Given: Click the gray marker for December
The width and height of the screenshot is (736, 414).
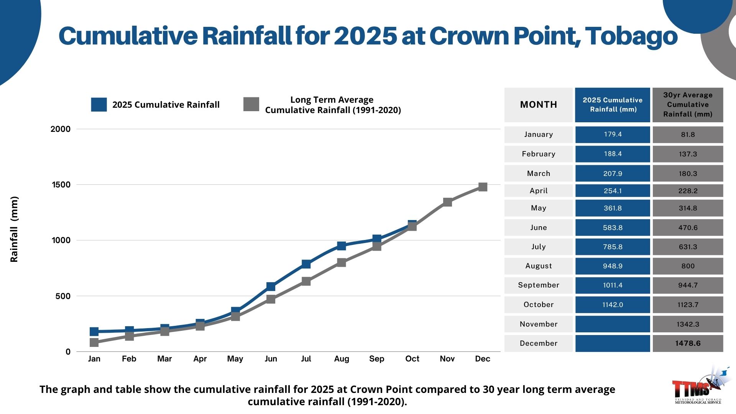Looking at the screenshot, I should [x=483, y=187].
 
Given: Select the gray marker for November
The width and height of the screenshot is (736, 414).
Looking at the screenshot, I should [x=447, y=202].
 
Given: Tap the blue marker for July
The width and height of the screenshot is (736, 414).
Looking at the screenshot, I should [x=306, y=264].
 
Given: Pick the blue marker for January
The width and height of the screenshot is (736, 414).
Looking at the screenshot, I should [x=94, y=332].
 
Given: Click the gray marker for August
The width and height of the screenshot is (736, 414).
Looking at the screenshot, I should [x=342, y=263].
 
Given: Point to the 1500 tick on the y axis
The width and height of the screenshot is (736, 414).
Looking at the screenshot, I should [x=61, y=185].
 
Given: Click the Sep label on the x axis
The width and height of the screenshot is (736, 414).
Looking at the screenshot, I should [x=376, y=359].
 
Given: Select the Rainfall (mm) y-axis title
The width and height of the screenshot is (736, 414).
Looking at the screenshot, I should [x=14, y=229].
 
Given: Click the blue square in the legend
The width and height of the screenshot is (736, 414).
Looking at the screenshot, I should [x=99, y=105].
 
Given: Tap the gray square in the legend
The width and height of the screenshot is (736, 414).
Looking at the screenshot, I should [x=251, y=104].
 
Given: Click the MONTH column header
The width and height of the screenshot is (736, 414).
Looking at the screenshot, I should [x=538, y=105].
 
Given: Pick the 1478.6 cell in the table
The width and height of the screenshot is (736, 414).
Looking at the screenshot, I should [x=688, y=343].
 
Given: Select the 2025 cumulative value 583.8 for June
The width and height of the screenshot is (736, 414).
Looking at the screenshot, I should [x=613, y=228].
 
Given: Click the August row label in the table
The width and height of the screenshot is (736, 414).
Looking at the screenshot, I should [x=538, y=266].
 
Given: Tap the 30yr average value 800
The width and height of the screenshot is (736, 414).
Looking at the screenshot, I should [x=688, y=266].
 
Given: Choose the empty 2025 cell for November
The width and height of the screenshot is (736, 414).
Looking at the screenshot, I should [x=613, y=324].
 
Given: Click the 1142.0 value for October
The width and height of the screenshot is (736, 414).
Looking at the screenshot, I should [x=613, y=305].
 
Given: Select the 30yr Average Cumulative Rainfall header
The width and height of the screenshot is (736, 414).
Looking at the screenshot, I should [x=688, y=105].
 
